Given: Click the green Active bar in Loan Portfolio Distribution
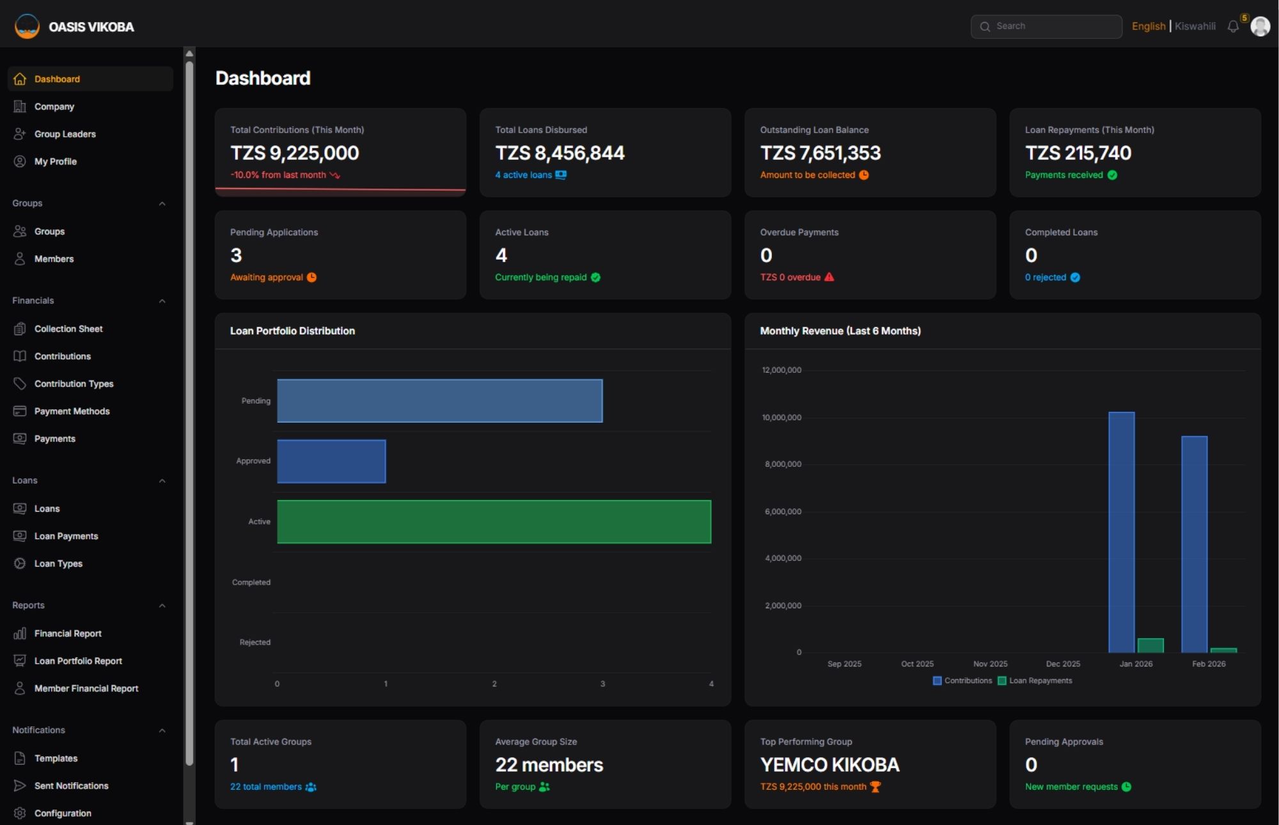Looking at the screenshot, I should coord(494,522).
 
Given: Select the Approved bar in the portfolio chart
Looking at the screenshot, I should coord(331,461).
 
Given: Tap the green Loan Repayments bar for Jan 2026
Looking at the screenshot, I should coord(1150,645).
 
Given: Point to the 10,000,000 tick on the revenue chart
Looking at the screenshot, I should coord(781,418).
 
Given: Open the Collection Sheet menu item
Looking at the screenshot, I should coord(68,329).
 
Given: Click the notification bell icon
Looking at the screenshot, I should coord(1233,26).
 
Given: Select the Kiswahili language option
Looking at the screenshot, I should coord(1195,26).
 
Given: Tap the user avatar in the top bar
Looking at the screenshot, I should coord(1260,26).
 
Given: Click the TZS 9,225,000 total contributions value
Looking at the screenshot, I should coord(295,153).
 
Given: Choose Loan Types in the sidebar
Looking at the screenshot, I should coord(58,563).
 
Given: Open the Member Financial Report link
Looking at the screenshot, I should coord(86,688).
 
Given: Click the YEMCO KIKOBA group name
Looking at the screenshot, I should coord(829,765).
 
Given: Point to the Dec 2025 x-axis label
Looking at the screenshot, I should coord(1063,664).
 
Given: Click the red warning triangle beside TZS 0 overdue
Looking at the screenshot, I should coord(829,277).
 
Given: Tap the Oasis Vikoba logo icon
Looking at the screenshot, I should coord(27,26).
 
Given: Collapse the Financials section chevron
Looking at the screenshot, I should coord(162,301).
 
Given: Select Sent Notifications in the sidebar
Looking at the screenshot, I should coord(71,785).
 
